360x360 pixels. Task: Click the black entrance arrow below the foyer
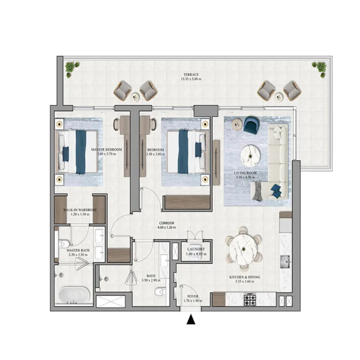click(x=191, y=321)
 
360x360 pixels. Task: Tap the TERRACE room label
click(x=191, y=75)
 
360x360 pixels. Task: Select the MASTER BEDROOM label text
click(x=106, y=150)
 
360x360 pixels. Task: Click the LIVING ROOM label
click(x=245, y=172)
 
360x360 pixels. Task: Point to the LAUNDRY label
click(x=194, y=249)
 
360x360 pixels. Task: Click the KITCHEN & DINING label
click(x=244, y=277)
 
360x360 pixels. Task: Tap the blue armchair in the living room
click(x=250, y=125)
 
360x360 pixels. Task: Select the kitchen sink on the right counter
click(x=285, y=261)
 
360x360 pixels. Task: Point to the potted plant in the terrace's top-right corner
click(x=321, y=69)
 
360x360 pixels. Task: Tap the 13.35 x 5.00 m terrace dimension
click(x=191, y=79)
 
